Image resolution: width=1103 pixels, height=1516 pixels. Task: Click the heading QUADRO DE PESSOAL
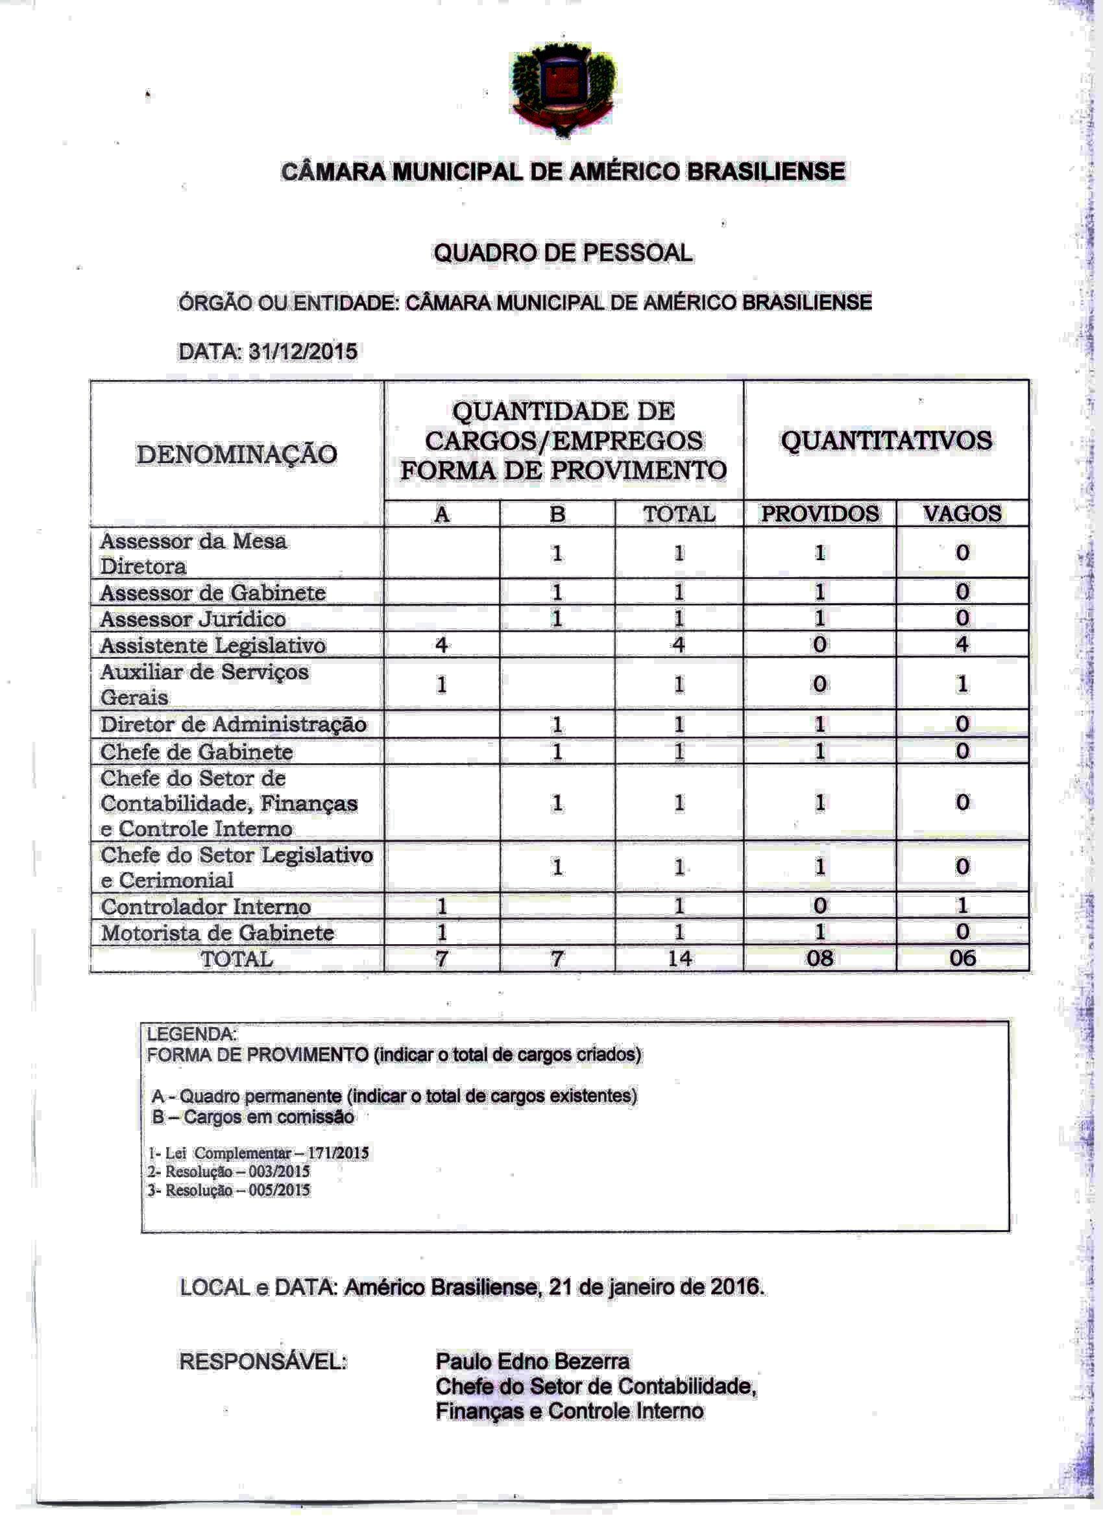[563, 254]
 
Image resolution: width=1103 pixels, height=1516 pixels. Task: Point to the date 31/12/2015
[302, 351]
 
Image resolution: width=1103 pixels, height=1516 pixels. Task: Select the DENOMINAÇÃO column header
[237, 455]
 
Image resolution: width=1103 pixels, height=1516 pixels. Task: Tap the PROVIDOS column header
[819, 514]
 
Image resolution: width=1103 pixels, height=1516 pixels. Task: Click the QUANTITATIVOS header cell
[886, 440]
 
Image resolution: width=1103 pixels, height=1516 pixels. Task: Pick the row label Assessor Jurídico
[193, 619]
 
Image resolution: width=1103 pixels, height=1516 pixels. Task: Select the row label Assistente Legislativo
[213, 645]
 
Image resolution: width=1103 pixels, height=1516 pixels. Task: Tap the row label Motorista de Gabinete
[217, 932]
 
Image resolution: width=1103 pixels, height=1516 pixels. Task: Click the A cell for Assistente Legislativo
[441, 645]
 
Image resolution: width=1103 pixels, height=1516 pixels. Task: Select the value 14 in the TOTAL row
[679, 958]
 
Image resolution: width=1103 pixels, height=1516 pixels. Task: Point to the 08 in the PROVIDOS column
[819, 958]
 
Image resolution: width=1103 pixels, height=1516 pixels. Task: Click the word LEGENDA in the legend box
[191, 1034]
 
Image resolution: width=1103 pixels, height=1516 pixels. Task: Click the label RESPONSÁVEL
[263, 1362]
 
